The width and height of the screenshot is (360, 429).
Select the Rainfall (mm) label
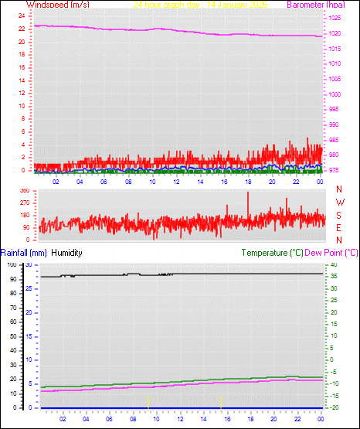pyautogui.click(x=24, y=253)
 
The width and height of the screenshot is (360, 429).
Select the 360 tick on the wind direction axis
pyautogui.click(x=23, y=190)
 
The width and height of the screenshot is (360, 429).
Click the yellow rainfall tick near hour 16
pyautogui.click(x=222, y=401)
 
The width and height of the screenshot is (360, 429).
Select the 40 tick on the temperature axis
pyautogui.click(x=334, y=264)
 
